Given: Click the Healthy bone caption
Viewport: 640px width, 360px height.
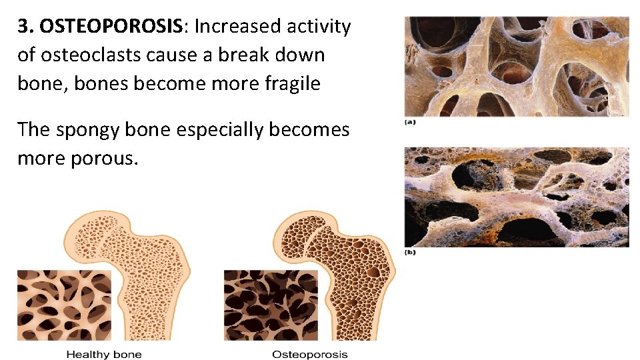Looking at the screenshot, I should [x=104, y=354].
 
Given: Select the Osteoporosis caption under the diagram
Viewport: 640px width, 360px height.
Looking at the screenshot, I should [x=310, y=354].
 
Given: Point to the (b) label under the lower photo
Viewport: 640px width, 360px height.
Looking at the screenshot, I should [x=411, y=253].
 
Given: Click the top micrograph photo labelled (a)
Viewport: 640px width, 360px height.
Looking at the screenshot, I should [x=516, y=66].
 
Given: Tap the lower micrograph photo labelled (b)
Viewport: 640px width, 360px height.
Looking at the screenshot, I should [x=516, y=197].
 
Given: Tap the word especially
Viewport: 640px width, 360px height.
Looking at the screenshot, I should [x=219, y=129].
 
